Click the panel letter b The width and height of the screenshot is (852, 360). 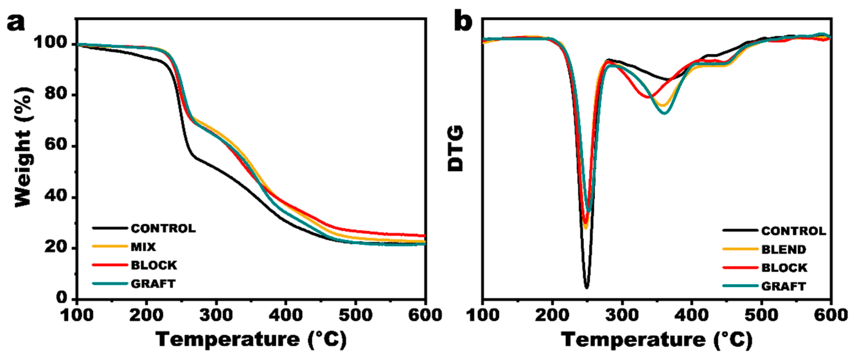click(463, 21)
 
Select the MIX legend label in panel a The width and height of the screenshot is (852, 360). click(143, 247)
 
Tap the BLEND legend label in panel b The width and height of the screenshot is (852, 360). click(784, 250)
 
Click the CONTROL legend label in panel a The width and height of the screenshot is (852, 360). click(163, 229)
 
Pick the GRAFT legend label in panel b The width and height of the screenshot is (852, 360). click(783, 286)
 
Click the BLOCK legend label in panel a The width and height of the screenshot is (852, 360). click(154, 265)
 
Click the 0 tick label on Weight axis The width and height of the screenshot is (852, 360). click(62, 298)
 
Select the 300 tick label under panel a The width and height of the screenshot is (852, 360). click(216, 315)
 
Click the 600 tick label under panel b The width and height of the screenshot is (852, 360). click(830, 315)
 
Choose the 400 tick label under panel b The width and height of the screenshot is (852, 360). click(691, 315)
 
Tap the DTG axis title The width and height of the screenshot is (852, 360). click(456, 148)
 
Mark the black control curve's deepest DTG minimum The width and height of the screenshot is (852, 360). click(586, 287)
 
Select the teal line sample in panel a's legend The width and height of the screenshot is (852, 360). click(110, 284)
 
